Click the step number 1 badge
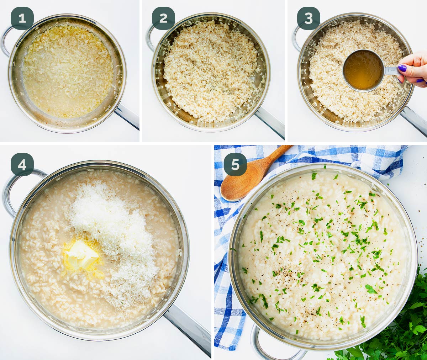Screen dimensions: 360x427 (x=22, y=18)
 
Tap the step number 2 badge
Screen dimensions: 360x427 (x=163, y=18)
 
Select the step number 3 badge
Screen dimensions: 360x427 (x=309, y=18)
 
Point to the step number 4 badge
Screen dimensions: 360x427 (x=22, y=164)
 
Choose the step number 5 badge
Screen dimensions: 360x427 (x=235, y=164)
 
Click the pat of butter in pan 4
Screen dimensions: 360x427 (x=81, y=255)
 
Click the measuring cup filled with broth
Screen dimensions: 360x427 (x=363, y=70)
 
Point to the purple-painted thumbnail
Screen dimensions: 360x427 (x=402, y=68)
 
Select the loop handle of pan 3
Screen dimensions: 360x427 (x=296, y=37)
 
